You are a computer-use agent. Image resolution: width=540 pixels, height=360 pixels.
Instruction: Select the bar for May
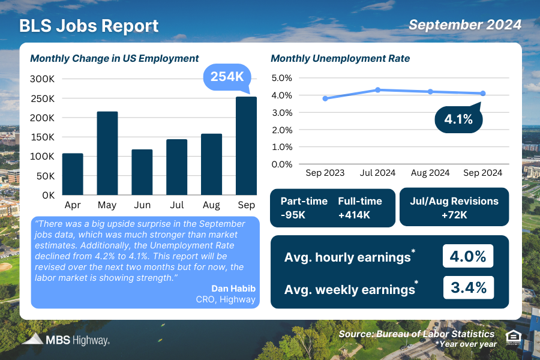click(107, 153)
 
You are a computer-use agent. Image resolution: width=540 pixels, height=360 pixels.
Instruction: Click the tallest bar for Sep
click(246, 146)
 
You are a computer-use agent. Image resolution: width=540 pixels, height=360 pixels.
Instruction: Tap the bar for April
click(73, 174)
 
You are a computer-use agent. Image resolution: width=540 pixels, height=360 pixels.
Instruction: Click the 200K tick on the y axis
click(43, 118)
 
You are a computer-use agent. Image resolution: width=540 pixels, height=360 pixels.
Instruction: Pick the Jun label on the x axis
click(142, 205)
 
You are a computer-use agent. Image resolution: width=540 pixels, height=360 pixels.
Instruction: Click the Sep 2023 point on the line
click(325, 98)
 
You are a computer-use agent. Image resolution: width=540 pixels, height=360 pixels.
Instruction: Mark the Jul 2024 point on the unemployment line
click(378, 90)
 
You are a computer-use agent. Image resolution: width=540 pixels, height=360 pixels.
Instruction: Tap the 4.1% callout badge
click(458, 119)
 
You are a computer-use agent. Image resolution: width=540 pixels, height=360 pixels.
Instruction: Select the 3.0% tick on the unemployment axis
click(281, 112)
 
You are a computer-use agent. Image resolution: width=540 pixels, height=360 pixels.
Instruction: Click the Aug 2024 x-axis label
click(430, 173)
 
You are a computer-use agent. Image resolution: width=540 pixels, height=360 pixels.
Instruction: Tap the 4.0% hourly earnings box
click(468, 256)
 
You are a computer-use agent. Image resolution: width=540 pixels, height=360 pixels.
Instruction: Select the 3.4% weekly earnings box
click(468, 287)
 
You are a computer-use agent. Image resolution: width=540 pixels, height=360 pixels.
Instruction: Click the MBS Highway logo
click(66, 340)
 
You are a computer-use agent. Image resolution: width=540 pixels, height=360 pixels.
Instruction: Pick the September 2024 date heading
click(464, 25)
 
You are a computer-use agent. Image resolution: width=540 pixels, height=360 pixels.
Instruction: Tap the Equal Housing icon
click(513, 338)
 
